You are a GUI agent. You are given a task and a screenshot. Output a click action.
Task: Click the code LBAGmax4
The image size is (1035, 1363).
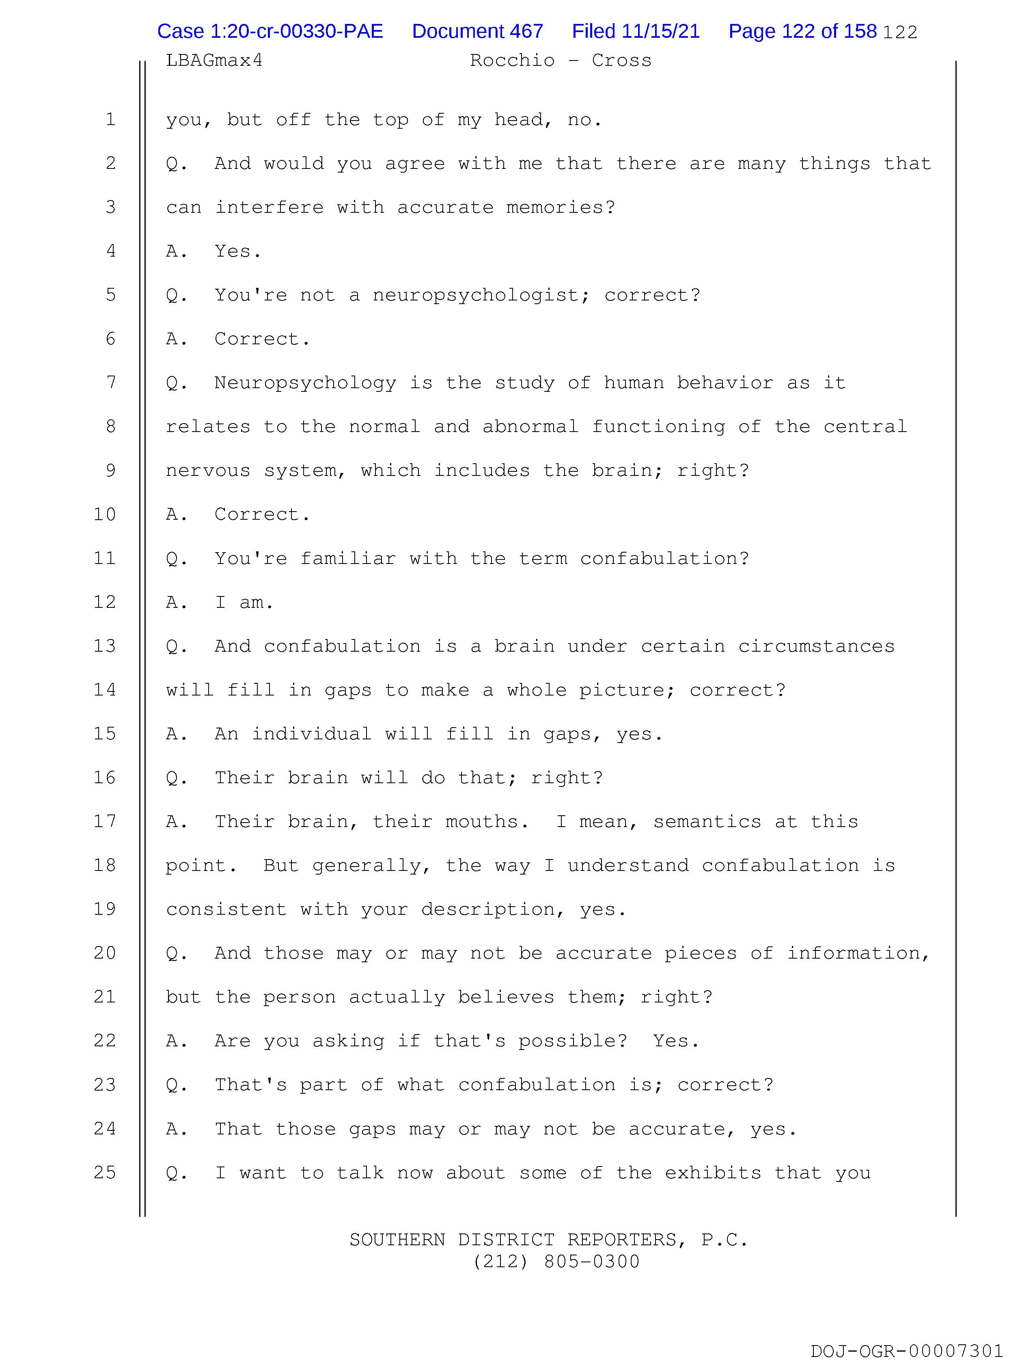(x=214, y=60)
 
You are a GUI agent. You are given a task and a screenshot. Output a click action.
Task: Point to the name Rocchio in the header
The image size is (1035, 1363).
(x=512, y=60)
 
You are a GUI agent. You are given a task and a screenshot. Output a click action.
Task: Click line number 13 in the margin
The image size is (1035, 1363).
(x=105, y=646)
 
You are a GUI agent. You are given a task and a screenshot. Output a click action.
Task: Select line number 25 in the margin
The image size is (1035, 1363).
(x=105, y=1172)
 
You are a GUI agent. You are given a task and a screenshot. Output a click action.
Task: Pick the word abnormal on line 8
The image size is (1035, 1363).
(x=530, y=426)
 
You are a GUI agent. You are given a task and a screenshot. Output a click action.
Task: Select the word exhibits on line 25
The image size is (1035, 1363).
(x=714, y=1172)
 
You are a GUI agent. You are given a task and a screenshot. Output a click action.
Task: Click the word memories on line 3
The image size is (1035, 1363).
(x=554, y=207)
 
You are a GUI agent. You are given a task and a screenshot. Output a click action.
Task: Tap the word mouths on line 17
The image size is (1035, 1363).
(x=482, y=821)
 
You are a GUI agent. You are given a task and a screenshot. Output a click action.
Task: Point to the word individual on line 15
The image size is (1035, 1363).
(x=311, y=734)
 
